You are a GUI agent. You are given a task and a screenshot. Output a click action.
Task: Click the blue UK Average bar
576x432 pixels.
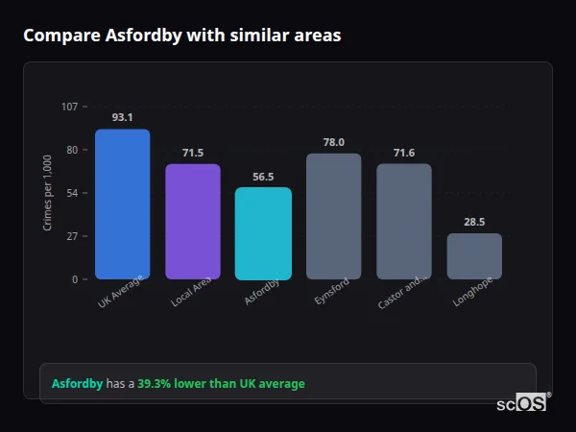pos(122,204)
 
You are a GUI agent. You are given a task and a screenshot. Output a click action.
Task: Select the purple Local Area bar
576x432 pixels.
pos(193,221)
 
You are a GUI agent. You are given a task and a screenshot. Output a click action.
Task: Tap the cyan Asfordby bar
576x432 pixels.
pos(263,233)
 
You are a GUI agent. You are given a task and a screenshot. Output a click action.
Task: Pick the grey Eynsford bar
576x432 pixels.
pos(333,216)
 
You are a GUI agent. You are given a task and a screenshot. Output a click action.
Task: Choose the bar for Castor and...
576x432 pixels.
pos(404,221)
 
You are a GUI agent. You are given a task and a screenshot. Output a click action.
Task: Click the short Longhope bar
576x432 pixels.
pos(474,256)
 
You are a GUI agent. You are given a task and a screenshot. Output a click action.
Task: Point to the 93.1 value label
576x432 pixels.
pos(122,117)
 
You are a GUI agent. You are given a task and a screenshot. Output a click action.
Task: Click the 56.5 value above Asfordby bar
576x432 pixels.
pos(263,177)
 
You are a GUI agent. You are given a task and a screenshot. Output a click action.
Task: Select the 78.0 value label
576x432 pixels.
pos(333,142)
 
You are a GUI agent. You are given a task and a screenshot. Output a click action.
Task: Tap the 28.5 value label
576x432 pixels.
pos(474,222)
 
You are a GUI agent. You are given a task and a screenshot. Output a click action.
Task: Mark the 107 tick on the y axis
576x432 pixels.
pos(69,107)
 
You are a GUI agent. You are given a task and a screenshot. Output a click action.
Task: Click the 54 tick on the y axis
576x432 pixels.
pos(72,193)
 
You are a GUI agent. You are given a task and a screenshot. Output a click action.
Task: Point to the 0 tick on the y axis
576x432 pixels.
pos(75,279)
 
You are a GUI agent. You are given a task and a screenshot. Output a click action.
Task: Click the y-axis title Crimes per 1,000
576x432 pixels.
pos(47,193)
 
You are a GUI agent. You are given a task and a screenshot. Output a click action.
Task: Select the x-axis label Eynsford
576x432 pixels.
pos(326,293)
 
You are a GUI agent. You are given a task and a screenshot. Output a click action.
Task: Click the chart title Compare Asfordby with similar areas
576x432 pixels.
pos(181,36)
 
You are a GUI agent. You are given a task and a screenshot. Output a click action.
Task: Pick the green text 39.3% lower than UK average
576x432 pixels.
pos(221,384)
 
